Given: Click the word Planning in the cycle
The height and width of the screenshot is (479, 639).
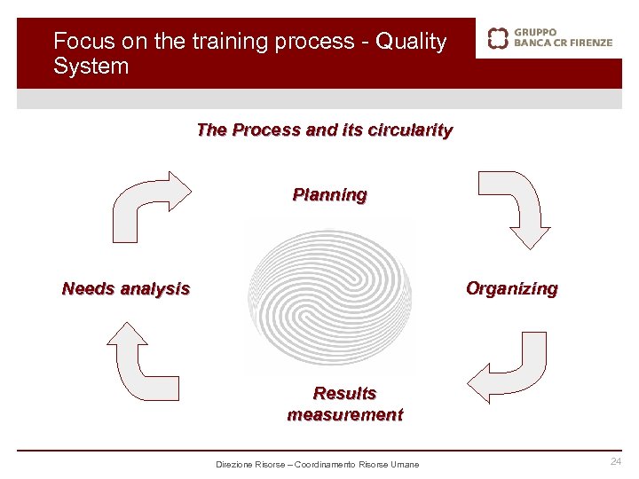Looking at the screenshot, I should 329,194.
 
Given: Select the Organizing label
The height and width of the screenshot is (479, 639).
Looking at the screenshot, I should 512,288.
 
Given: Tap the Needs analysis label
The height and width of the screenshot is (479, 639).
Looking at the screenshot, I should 126,288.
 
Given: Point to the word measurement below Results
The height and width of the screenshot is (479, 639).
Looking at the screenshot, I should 344,414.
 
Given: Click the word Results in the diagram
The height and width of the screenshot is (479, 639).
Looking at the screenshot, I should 344,393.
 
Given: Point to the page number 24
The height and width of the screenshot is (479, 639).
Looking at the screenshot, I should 616,462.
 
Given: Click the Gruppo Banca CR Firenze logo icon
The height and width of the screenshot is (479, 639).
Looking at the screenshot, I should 499,38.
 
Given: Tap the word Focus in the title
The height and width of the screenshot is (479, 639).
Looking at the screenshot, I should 77,42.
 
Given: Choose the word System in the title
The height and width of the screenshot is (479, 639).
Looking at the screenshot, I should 91,67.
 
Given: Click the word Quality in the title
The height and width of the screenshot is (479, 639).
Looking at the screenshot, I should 411,42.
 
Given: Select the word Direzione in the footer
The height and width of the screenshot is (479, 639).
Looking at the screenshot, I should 234,465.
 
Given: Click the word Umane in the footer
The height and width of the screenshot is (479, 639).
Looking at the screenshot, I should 405,465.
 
